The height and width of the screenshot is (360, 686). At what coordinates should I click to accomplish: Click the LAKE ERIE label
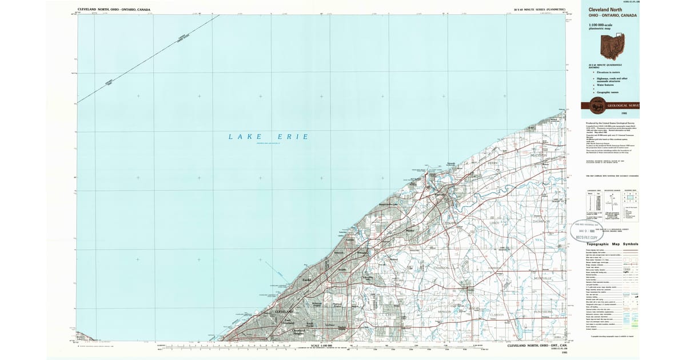pyautogui.click(x=268, y=137)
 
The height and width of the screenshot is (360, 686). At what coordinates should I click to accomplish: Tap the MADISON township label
pyautogui.click(x=539, y=155)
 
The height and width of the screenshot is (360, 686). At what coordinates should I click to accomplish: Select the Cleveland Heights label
pyautogui.click(x=299, y=332)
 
